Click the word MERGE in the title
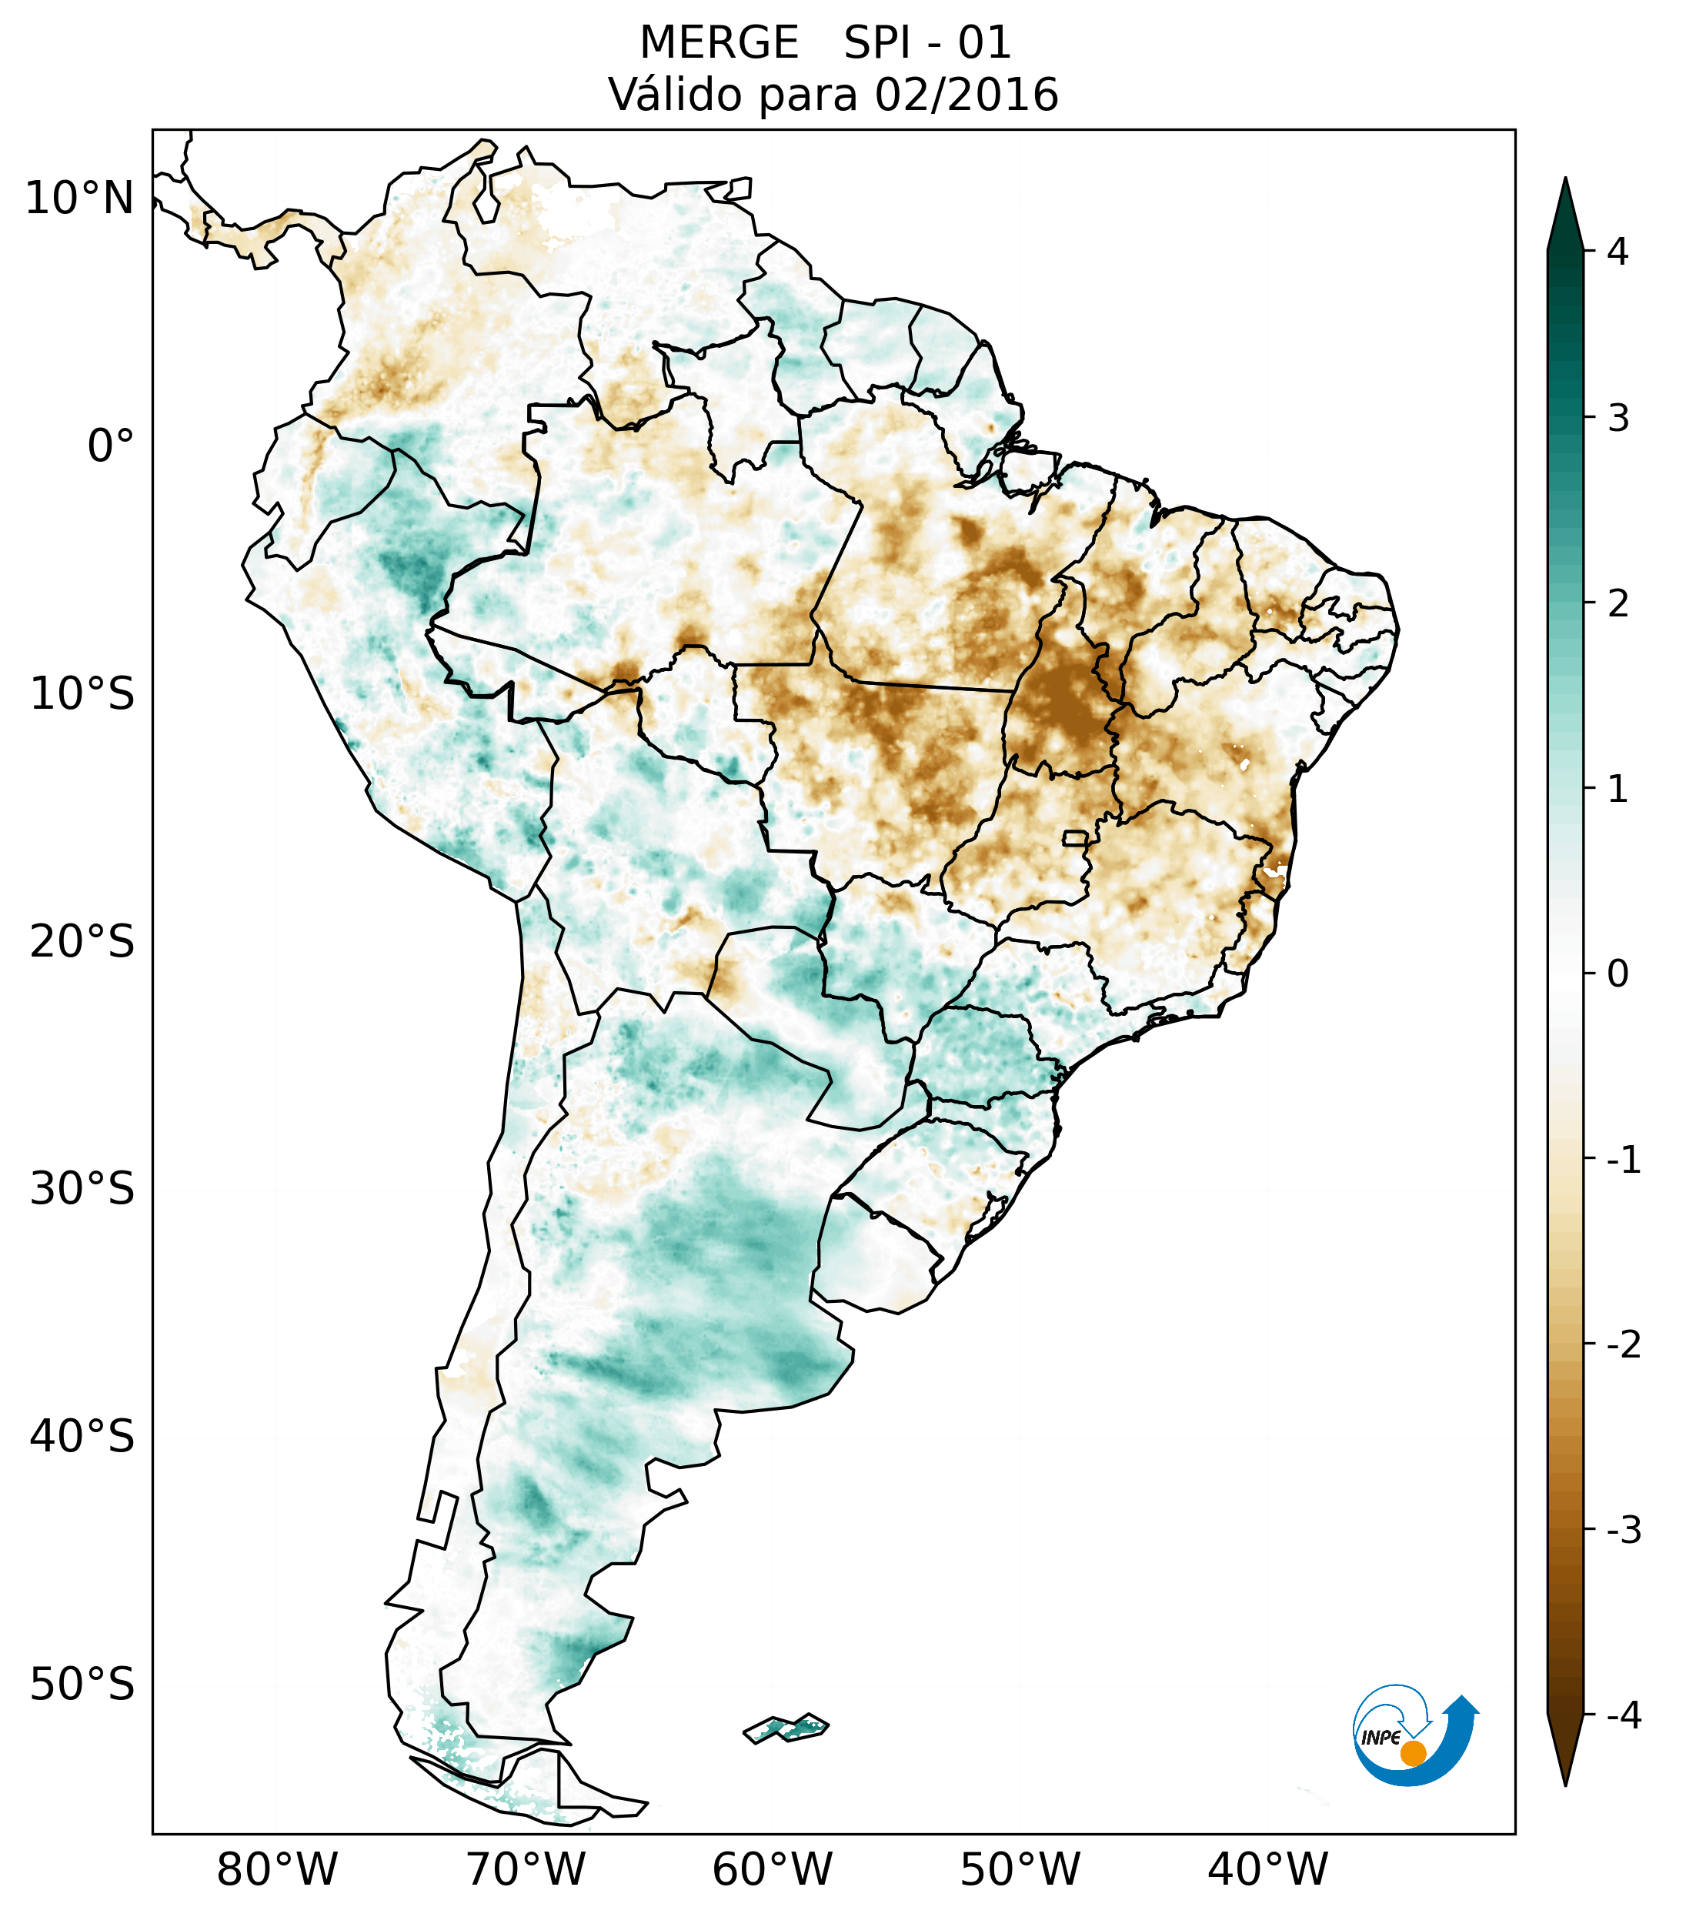[x=719, y=43]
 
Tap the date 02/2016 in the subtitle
[x=967, y=95]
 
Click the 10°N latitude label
[x=80, y=199]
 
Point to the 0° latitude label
[x=111, y=446]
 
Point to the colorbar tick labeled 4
[x=1618, y=252]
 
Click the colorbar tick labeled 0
[x=1618, y=974]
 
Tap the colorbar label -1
[x=1623, y=1161]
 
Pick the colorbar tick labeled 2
[x=1618, y=604]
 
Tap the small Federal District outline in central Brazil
[x=1076, y=837]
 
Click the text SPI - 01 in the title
[x=927, y=43]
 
